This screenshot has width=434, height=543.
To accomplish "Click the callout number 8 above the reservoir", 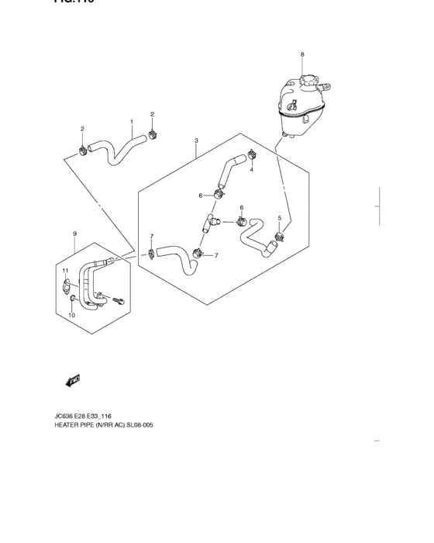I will coord(302,54).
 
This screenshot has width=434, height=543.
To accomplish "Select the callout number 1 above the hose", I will coord(132,122).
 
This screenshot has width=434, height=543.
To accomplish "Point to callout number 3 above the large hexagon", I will coord(196,141).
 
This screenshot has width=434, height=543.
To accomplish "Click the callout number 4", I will coord(251,170).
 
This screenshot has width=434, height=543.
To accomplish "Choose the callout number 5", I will coord(279,218).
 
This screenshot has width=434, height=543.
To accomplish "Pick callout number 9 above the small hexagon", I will coord(74,233).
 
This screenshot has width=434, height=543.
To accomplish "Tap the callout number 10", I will coord(71,316).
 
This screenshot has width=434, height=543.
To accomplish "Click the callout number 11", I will coord(65,271).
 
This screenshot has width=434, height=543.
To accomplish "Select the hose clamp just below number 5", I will coord(279,237).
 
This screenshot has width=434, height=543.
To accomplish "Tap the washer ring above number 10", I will coord(72,299).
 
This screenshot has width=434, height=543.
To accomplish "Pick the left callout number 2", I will coord(82,128).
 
